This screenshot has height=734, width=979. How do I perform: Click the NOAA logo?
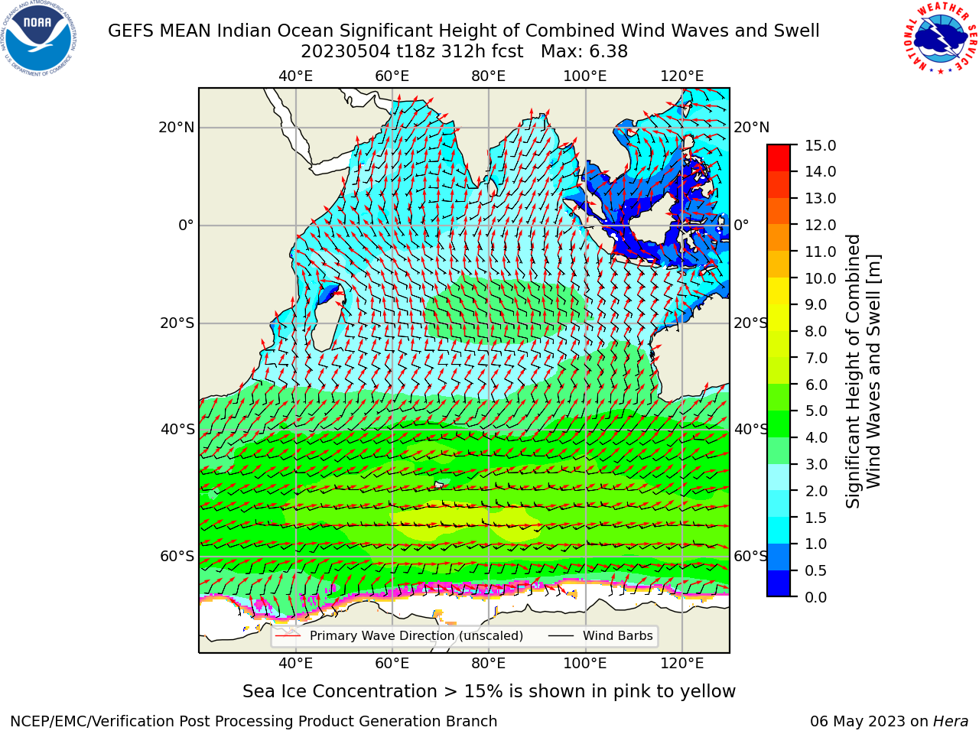click(x=39, y=39)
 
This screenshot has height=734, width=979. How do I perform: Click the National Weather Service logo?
click(x=940, y=38)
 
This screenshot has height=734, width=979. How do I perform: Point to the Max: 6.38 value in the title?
click(x=584, y=52)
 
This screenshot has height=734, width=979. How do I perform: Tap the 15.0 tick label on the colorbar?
click(x=820, y=145)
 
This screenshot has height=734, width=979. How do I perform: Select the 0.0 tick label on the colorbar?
click(x=816, y=597)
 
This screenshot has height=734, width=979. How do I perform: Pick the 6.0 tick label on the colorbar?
click(x=816, y=384)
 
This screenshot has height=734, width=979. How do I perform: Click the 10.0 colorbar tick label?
click(x=820, y=278)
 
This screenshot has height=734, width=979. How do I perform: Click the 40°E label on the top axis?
click(x=295, y=76)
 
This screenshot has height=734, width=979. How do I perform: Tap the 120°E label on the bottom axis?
click(x=681, y=664)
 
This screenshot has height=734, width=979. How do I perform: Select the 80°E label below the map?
click(x=489, y=664)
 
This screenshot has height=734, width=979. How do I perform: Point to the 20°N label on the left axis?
click(x=177, y=128)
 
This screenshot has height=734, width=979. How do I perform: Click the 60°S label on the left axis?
click(x=177, y=556)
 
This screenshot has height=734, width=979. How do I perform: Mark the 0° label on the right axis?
click(x=741, y=225)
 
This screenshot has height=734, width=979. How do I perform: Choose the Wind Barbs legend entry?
click(x=600, y=635)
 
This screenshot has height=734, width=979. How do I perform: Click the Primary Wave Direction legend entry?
click(x=398, y=635)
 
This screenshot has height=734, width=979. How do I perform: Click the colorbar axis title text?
click(x=863, y=371)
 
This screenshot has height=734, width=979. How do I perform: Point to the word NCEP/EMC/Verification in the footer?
click(x=98, y=721)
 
